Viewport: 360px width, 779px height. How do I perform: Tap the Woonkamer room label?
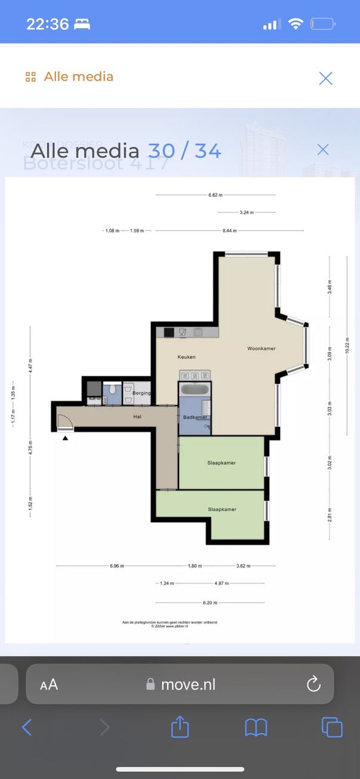[261, 348]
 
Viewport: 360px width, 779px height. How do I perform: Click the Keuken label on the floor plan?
[186, 357]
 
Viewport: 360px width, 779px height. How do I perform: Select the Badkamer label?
[195, 417]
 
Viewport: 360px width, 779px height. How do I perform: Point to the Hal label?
[137, 417]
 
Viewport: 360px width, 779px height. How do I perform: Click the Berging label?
[142, 394]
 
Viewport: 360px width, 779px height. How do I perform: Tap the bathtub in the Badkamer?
[195, 389]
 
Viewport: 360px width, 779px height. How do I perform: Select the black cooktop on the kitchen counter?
[169, 333]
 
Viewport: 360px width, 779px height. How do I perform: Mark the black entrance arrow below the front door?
[65, 438]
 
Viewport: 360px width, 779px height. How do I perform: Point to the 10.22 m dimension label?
[347, 345]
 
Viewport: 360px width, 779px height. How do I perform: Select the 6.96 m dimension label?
[117, 566]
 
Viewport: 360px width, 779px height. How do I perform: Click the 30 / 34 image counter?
[184, 151]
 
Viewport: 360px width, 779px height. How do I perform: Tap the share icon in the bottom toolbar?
[180, 727]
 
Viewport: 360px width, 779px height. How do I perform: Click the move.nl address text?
[188, 685]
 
